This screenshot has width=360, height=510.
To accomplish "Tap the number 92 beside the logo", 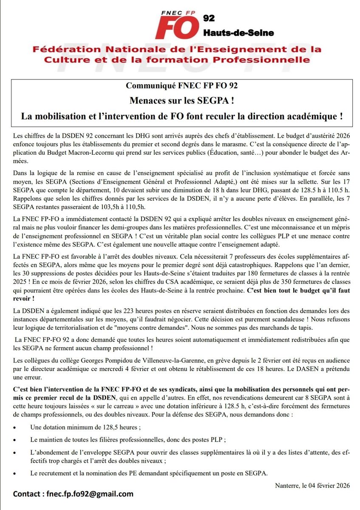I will [x=210, y=18].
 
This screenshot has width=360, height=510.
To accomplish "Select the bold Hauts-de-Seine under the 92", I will [x=239, y=33].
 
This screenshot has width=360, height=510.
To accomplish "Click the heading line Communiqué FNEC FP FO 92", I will [x=181, y=85].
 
